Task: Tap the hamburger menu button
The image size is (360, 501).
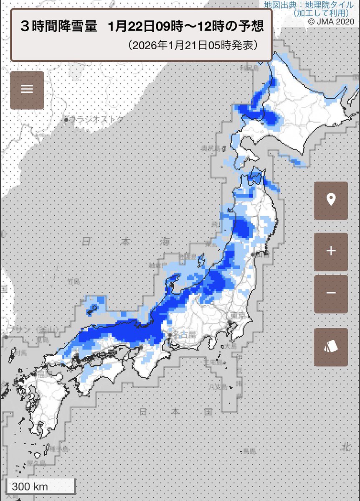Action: coord(27,90)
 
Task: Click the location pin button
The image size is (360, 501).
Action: coord(331,200)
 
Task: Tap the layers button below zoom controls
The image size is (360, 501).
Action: coord(331,347)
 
